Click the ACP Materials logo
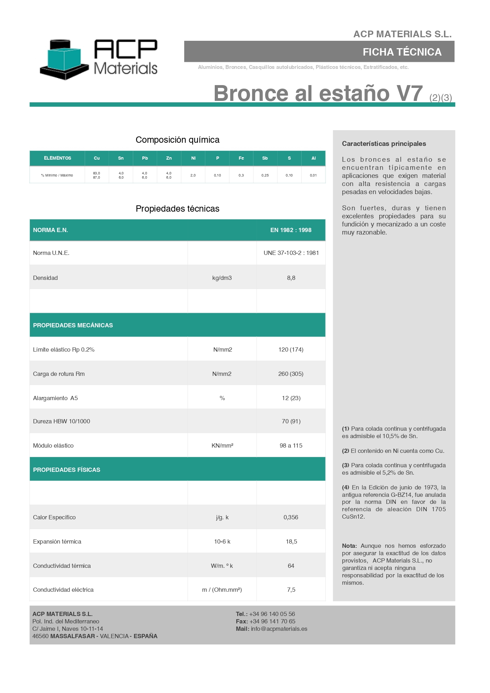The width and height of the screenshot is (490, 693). (x=99, y=58)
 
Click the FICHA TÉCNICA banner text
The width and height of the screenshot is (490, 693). (x=402, y=52)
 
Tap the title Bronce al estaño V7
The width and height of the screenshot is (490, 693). (x=318, y=94)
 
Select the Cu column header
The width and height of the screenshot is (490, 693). (x=97, y=158)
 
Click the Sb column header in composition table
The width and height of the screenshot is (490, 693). (x=265, y=158)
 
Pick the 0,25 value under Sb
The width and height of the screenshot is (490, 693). (x=265, y=175)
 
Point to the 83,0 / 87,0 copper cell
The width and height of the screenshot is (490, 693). (x=97, y=175)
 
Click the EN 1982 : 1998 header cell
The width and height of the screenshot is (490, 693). (x=291, y=230)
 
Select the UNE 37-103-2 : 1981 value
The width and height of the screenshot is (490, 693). (x=291, y=253)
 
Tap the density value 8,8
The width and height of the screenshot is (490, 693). (x=291, y=278)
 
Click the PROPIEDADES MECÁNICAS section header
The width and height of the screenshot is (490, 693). (x=73, y=325)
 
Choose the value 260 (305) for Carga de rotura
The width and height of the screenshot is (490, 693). (x=291, y=374)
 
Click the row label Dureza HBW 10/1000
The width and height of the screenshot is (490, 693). (x=62, y=421)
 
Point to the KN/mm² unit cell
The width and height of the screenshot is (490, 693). (x=222, y=445)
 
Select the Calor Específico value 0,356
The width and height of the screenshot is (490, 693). (x=291, y=517)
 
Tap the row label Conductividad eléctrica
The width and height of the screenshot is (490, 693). (x=63, y=590)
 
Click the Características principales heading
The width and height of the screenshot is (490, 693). (x=384, y=143)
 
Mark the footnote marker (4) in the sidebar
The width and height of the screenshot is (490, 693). (x=346, y=487)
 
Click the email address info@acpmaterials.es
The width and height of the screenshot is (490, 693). (x=279, y=629)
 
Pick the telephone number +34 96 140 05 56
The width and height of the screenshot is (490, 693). (x=272, y=614)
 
